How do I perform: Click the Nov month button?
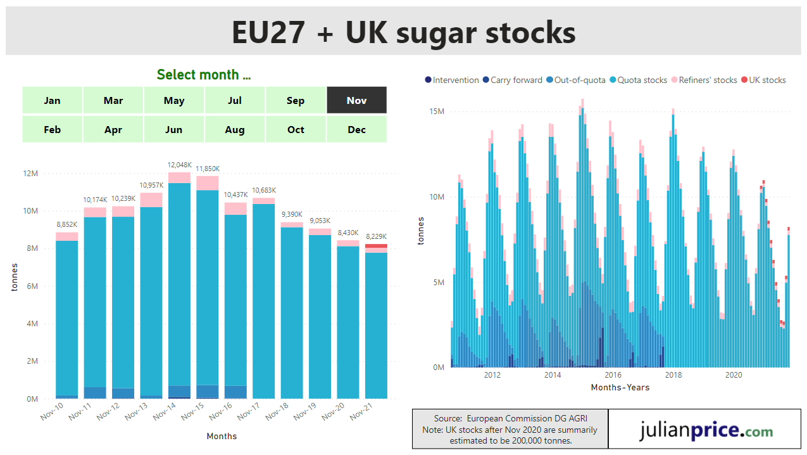pos(356,100)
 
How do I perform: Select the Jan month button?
pos(53,100)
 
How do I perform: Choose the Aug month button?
pos(234,129)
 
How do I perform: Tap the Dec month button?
pos(356,129)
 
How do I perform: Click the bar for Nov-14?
pos(179,285)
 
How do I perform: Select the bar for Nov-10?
pos(66,317)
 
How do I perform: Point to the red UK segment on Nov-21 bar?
pos(376,246)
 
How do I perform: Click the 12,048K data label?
pos(179,165)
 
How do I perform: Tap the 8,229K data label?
pos(376,236)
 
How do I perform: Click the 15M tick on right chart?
pos(437,112)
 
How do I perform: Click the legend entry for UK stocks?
pos(767,80)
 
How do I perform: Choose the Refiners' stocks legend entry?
pos(708,80)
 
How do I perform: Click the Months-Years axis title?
pos(620,387)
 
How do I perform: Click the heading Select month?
pos(204,75)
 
